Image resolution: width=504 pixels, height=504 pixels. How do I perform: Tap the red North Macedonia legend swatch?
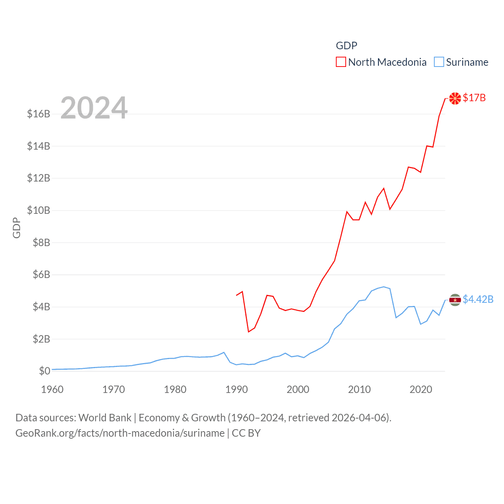[x=341, y=62]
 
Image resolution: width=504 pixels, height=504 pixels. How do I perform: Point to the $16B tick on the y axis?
[x=39, y=114]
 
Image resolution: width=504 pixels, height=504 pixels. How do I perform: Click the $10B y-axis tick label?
[x=39, y=210]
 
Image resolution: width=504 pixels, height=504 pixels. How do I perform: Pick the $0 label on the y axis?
[x=44, y=371]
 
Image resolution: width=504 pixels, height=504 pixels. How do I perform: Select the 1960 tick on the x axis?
[x=52, y=389]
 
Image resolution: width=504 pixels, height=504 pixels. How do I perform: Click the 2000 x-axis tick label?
[x=298, y=389]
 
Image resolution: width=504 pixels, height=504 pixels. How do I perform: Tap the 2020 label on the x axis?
[x=421, y=389]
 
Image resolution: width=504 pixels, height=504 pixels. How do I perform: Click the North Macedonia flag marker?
[x=455, y=98]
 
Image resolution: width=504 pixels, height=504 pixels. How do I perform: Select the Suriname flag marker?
[x=455, y=300]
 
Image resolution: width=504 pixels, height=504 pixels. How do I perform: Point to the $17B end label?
[x=474, y=98]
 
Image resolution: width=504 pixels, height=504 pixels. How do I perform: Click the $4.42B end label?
[x=478, y=299]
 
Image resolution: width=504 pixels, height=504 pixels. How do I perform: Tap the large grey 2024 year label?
[x=94, y=108]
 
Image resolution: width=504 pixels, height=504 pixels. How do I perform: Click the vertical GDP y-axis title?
[x=17, y=228]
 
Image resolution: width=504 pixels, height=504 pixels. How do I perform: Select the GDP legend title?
[x=346, y=46]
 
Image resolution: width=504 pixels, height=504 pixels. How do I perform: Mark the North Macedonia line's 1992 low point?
[x=248, y=332]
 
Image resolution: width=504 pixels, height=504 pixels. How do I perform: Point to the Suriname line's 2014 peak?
[x=384, y=287]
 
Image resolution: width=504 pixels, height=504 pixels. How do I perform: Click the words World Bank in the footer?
[x=105, y=417]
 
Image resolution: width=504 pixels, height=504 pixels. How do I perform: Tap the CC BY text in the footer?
[x=246, y=433]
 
